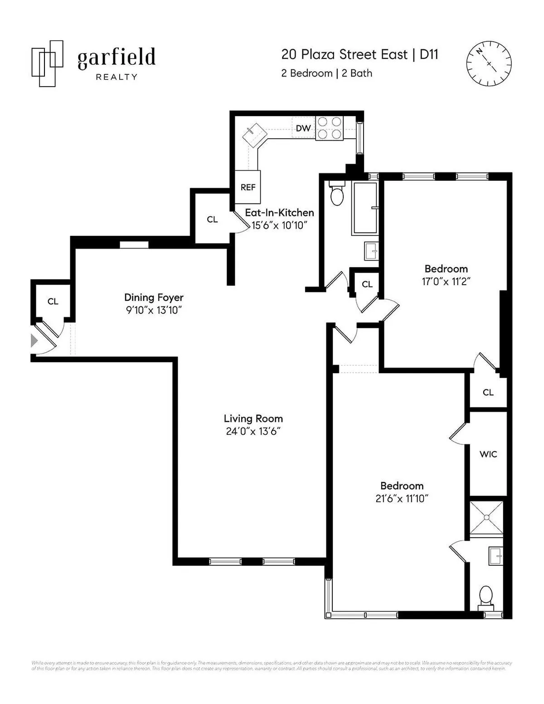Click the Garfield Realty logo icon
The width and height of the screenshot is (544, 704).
47,64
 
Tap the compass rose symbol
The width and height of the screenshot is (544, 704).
489,63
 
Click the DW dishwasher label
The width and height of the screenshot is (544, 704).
303,128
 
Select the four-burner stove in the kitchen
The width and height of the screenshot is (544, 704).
330,128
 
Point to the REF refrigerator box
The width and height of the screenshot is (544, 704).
248,187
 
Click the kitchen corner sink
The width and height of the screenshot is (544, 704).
253,135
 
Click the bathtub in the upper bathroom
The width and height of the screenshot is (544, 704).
365,208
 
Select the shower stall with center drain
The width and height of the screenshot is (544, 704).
486,517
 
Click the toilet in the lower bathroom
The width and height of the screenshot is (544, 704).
486,596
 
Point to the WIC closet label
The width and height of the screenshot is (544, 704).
488,454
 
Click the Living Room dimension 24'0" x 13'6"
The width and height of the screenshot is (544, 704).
253,431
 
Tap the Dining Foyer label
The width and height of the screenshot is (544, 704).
154,297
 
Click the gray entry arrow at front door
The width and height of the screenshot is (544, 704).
34,340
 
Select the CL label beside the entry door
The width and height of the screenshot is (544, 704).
53,301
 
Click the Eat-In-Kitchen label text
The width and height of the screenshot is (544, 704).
279,213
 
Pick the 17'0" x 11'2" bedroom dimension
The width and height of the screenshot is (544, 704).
446,281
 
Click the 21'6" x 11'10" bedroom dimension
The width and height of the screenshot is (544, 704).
402,498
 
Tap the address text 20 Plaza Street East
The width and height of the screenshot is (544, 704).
345,55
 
